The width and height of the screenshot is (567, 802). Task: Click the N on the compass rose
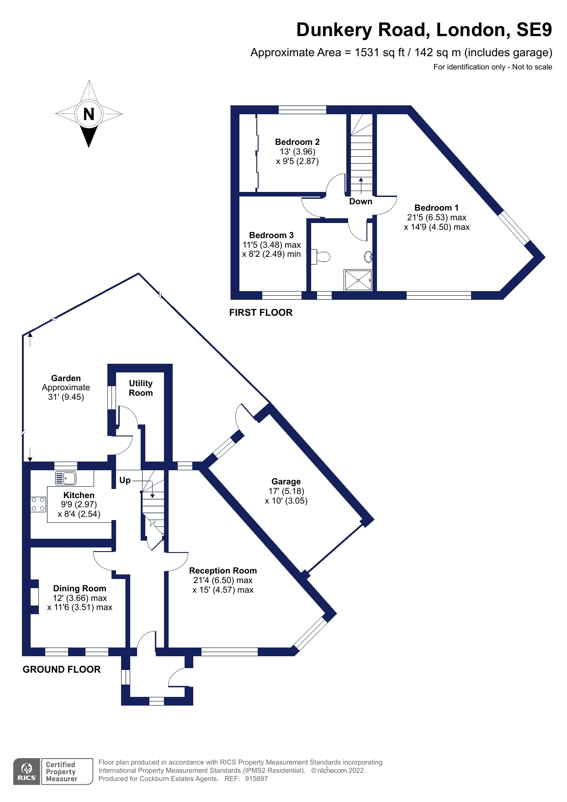coord(89,114)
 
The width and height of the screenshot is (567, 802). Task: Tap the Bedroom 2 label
coord(297,142)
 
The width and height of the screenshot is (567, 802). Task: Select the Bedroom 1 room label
coord(436,208)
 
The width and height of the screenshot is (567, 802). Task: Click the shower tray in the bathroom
coord(358,280)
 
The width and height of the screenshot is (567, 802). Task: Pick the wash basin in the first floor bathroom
coord(369,257)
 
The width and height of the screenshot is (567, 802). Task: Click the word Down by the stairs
coord(360,202)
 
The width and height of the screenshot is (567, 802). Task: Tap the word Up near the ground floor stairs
coord(125,480)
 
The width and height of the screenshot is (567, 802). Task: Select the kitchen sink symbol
coord(65,478)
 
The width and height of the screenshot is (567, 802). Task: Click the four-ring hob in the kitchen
coord(38,505)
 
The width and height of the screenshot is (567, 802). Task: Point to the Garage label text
coord(286,482)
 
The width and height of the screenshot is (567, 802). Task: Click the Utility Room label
coord(141,388)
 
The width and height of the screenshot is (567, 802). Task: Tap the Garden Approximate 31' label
coord(66,388)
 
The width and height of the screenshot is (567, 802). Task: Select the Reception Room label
coord(223,571)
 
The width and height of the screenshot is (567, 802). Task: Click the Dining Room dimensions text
coord(80,603)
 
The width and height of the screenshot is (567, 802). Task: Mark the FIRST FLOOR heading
coord(260,313)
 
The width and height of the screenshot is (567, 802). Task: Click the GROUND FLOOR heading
coord(62,669)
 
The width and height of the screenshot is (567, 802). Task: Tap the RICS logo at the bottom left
coord(27,772)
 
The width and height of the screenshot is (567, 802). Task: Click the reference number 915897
coord(256,779)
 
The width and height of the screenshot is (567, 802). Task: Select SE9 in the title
coord(534,30)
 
